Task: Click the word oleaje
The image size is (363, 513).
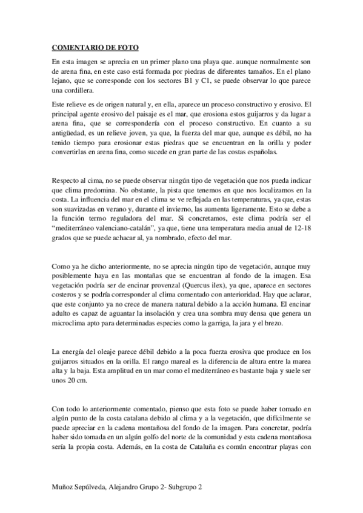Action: [104, 352]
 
